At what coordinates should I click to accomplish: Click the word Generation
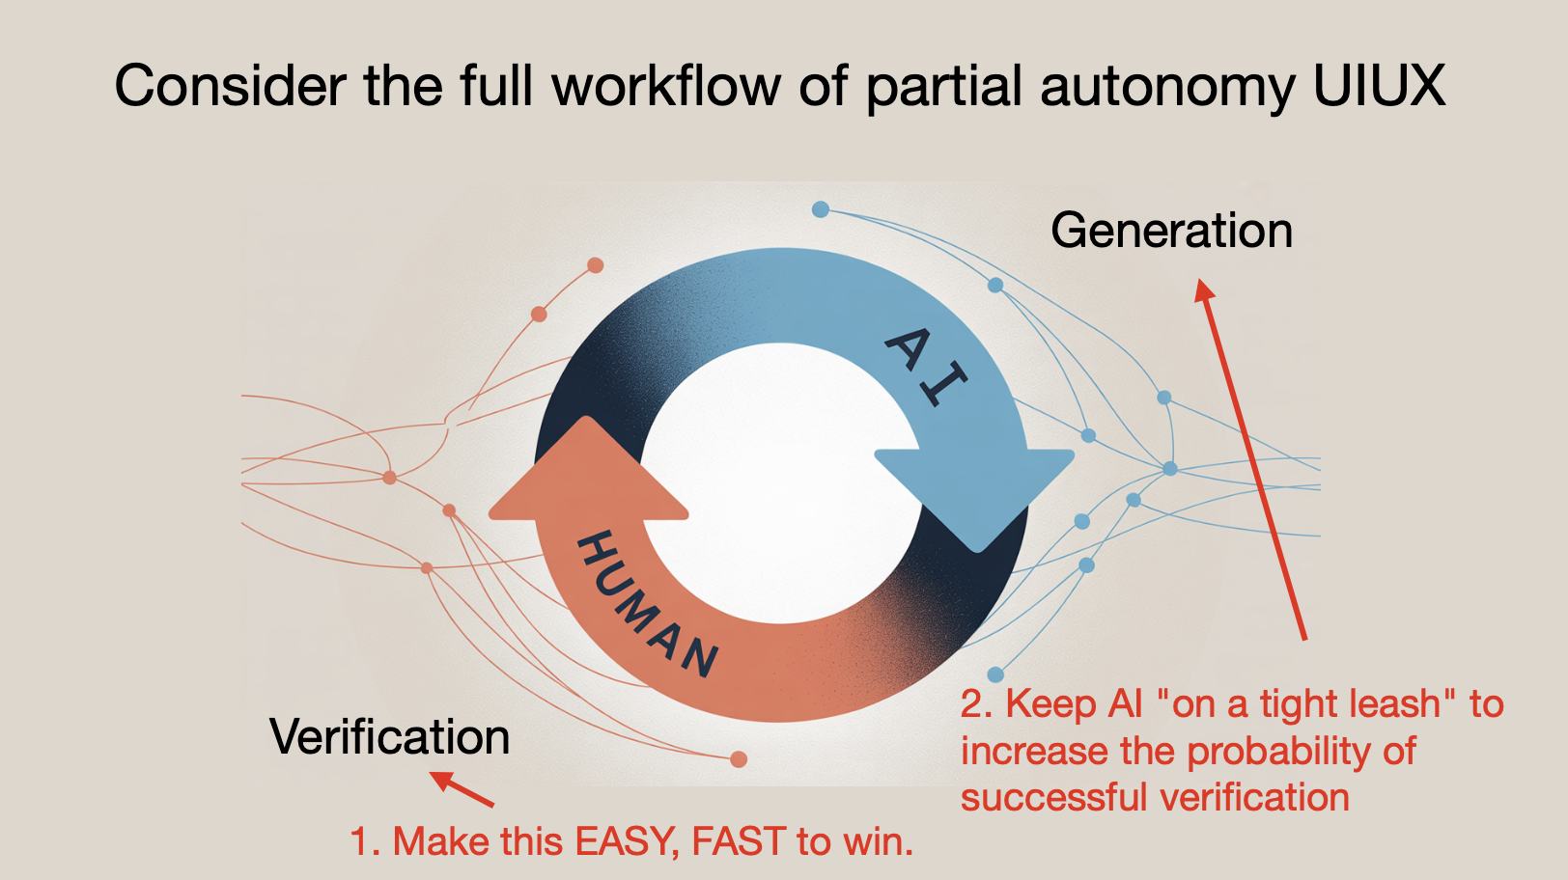pyautogui.click(x=1172, y=231)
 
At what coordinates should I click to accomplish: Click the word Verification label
pyautogui.click(x=390, y=736)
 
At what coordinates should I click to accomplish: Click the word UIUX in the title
pyautogui.click(x=1379, y=85)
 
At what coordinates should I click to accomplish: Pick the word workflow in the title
pyautogui.click(x=666, y=85)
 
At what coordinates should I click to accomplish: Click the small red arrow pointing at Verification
pyautogui.click(x=462, y=789)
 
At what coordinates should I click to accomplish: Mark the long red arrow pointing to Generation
pyautogui.click(x=1250, y=459)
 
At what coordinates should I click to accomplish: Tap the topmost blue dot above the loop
pyautogui.click(x=821, y=209)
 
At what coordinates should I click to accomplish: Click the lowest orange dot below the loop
pyautogui.click(x=739, y=759)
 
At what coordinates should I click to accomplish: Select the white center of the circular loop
pyautogui.click(x=781, y=482)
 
